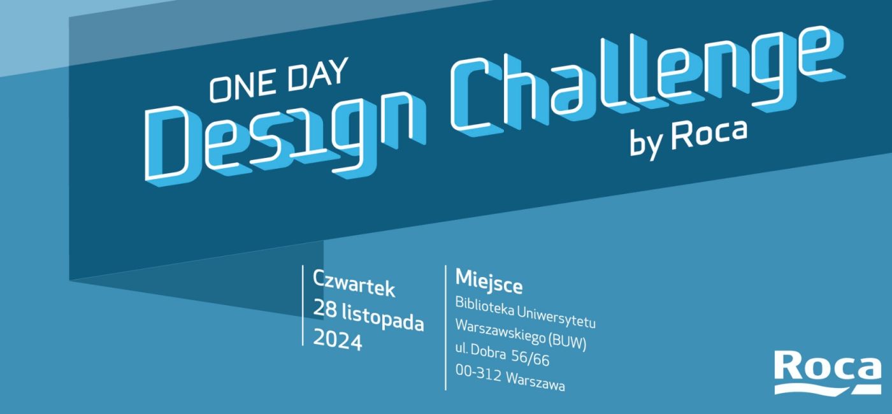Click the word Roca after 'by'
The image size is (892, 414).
click(x=709, y=134)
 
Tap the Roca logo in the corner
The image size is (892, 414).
click(x=828, y=373)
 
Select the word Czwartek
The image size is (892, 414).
click(x=354, y=283)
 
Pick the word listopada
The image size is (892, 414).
click(x=383, y=318)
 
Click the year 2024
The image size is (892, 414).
click(x=338, y=339)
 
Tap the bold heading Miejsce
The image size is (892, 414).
click(x=489, y=281)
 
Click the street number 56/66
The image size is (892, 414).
click(x=530, y=357)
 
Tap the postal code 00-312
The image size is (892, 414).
click(x=478, y=372)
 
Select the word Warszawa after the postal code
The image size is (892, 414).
click(x=536, y=382)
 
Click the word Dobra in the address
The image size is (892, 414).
click(x=488, y=351)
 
